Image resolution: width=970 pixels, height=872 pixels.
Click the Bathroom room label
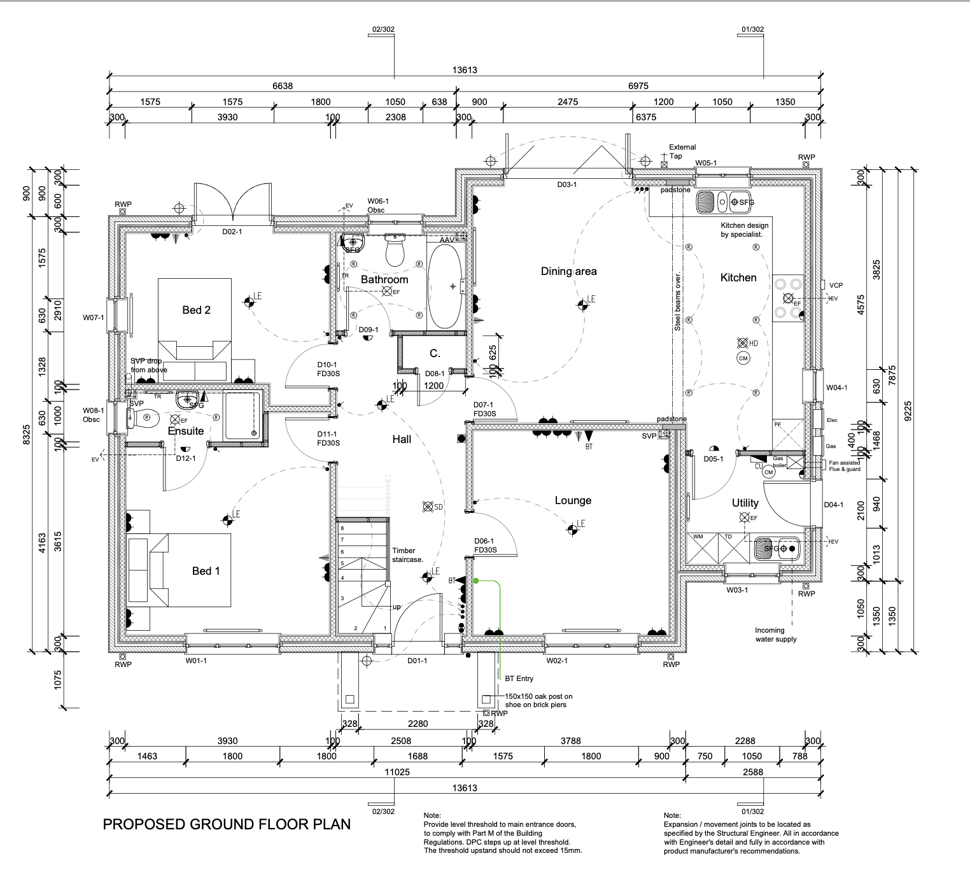384,279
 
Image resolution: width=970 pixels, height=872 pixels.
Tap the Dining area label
568,271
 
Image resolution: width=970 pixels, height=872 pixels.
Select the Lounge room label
573,500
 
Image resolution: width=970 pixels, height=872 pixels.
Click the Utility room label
745,503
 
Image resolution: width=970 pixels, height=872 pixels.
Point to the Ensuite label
186,431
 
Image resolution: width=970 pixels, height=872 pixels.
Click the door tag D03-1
566,185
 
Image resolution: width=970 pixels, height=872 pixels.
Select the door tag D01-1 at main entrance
417,661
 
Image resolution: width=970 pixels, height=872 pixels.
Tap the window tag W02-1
556,661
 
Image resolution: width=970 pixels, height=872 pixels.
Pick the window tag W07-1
93,317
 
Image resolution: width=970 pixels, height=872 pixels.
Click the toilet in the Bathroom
395,251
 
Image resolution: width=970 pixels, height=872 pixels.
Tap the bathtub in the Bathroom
444,286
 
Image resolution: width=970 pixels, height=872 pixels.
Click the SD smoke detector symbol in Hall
428,507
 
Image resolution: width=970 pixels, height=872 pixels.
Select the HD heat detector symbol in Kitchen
742,343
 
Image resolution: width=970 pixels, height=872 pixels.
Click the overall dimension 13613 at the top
465,70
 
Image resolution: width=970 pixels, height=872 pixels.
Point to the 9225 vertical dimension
908,410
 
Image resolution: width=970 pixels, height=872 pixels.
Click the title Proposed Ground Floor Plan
227,824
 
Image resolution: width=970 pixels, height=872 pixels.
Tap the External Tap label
682,151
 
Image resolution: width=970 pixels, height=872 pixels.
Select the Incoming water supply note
775,635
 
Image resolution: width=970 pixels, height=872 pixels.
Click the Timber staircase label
407,555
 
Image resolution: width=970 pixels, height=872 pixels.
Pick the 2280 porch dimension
418,723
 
